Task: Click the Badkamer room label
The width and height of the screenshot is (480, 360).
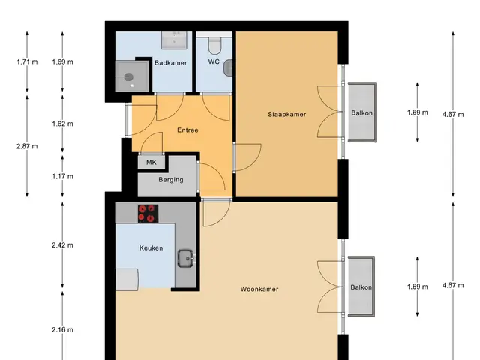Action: pos(170,63)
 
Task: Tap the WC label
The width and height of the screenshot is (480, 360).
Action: pos(214,61)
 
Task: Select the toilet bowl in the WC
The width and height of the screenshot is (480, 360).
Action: pos(214,45)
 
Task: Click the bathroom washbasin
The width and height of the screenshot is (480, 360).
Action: pos(174,40)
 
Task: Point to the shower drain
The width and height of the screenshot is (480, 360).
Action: pos(128,76)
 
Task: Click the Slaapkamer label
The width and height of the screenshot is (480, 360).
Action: pos(286,115)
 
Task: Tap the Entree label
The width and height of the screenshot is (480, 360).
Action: pos(187,130)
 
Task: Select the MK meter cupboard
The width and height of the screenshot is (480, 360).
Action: pos(151,162)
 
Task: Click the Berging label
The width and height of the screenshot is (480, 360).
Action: pos(171,180)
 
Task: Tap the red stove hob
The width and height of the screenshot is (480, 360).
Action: pos(148,214)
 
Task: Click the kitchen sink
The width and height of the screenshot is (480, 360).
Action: pos(186,258)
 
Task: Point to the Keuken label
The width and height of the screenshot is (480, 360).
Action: pos(151,248)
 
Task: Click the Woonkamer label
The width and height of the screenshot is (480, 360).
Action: pos(259,289)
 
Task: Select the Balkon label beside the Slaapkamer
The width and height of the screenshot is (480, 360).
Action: pos(361,113)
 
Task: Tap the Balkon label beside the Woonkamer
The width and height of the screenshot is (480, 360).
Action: pos(361,287)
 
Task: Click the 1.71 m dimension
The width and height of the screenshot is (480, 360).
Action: pos(27,61)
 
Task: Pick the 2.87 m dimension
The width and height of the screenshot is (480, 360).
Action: pos(27,146)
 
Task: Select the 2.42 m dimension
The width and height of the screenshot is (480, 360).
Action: pos(62,245)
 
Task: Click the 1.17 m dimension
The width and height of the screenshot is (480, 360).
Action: pos(62,176)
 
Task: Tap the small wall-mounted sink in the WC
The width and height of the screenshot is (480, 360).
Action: pos(228,68)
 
